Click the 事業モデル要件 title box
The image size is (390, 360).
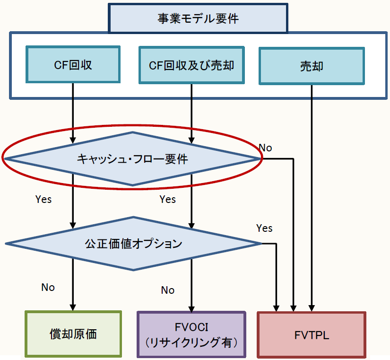coord(198,18)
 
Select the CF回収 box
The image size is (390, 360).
coord(73,65)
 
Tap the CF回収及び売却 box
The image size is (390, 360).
coord(191,65)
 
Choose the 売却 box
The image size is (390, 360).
coord(312,65)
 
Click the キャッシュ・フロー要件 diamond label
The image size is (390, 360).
coord(132,159)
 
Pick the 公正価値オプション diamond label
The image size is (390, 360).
coord(133,244)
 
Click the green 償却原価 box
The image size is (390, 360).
coord(73,334)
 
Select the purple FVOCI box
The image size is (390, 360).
coord(191,334)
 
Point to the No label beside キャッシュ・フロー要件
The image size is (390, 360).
coord(266,148)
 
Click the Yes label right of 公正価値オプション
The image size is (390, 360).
coord(264,228)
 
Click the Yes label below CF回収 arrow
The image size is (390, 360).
coord(43,199)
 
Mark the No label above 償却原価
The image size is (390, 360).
coord(48,287)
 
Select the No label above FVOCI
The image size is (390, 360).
coord(168,290)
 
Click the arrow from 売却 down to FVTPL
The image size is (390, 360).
coord(312,199)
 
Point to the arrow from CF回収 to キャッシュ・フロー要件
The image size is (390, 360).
coord(73,114)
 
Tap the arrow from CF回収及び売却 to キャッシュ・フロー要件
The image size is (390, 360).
coord(191,114)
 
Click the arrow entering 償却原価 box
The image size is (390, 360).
coord(73,289)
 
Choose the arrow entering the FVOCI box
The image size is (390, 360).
coord(191,289)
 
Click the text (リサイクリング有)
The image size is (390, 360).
coord(191,342)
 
